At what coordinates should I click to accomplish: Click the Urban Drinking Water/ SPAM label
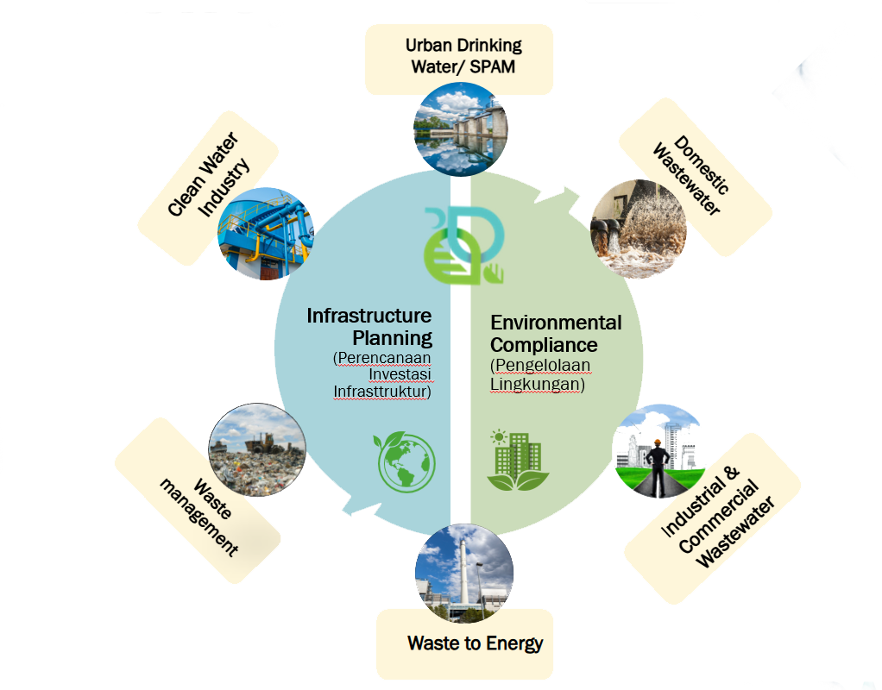(464, 55)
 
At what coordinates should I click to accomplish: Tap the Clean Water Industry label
(209, 175)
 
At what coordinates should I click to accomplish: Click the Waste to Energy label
(475, 643)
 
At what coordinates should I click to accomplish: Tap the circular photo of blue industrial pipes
(262, 235)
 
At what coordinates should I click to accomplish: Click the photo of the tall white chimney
(463, 570)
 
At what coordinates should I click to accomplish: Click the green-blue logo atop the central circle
(462, 243)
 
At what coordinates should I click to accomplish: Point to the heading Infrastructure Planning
(369, 326)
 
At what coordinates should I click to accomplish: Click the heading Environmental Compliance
(556, 334)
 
